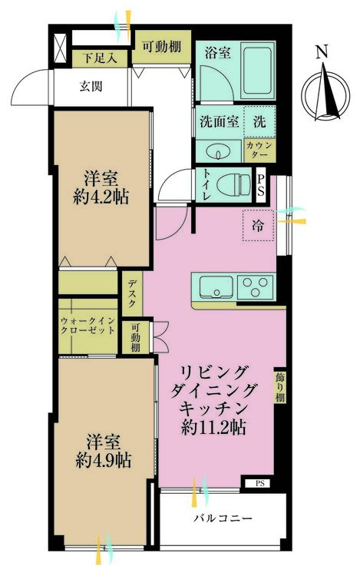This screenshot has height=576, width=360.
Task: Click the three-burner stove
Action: coord(256,287)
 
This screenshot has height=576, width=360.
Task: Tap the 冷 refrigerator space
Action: coord(256,224)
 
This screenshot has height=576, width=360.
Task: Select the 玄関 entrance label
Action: coord(91,85)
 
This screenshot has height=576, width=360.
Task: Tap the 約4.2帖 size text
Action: coord(102,197)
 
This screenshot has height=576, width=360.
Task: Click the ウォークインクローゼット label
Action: coord(88,329)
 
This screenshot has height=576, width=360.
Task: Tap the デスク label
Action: coord(131,293)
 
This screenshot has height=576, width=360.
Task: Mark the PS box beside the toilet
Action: coord(262,185)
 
